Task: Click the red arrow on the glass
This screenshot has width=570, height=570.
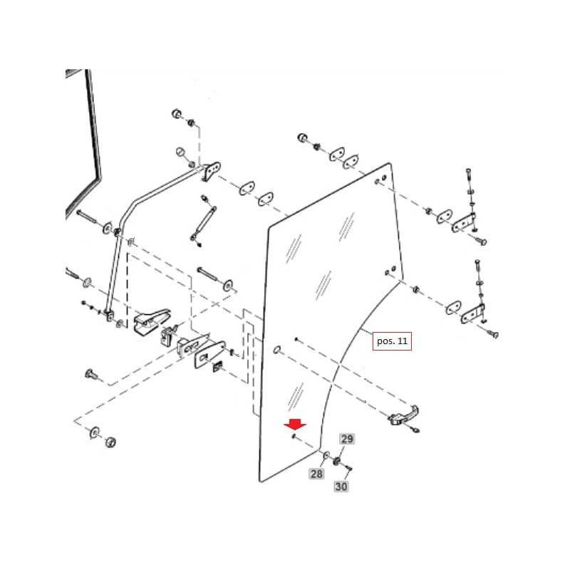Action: click(295, 425)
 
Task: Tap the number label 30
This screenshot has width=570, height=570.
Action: click(341, 487)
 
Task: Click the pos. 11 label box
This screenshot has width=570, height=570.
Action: click(393, 342)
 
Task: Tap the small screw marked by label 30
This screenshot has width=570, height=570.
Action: click(350, 468)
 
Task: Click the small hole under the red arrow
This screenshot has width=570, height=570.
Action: click(294, 437)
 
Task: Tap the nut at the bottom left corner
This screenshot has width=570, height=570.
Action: click(110, 442)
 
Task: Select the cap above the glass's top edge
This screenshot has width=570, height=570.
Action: click(301, 137)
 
